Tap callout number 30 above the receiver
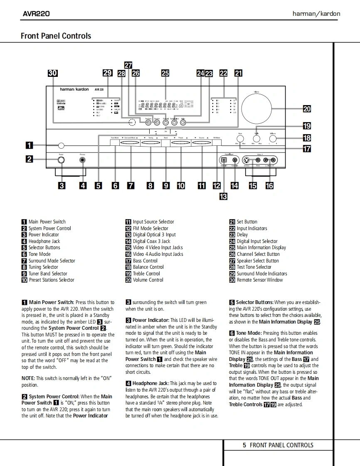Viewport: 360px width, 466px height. click(52, 74)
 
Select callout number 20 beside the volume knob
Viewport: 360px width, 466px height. click(306, 109)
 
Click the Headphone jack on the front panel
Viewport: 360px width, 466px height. click(83, 160)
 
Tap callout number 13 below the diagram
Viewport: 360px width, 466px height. click(223, 196)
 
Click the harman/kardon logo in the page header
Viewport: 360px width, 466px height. click(316, 14)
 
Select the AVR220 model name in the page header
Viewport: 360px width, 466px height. click(36, 14)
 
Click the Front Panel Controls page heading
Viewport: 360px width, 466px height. click(56, 36)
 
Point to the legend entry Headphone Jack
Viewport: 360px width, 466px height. click(44, 241)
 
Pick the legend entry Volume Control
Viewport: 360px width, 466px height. click(148, 280)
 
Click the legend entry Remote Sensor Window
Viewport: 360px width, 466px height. click(259, 280)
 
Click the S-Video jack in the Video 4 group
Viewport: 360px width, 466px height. click(247, 160)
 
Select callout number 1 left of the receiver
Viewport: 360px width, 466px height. click(29, 145)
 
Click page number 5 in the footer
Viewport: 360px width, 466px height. click(244, 445)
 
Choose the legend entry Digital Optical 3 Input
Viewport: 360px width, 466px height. click(154, 235)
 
